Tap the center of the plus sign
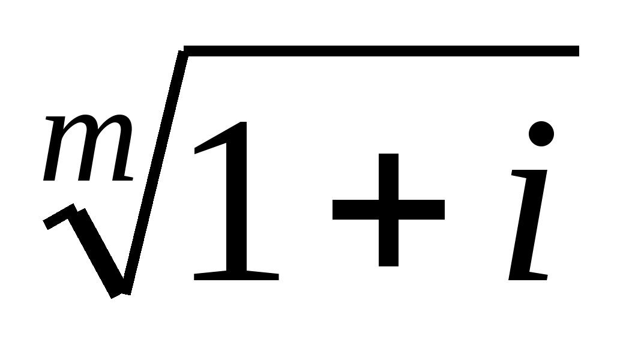point(388,209)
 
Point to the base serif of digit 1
point(236,276)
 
